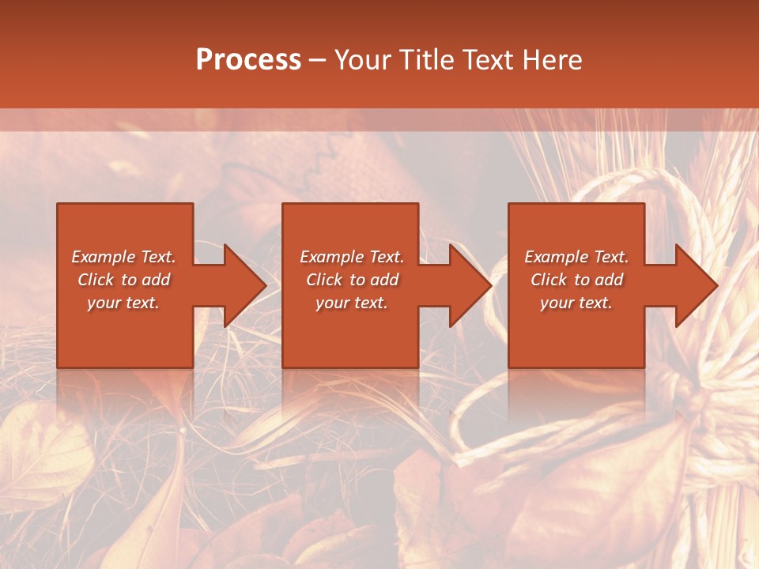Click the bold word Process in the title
coord(248,60)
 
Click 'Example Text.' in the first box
coord(124,256)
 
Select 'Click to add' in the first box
coord(124,280)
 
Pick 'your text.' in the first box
coord(124,303)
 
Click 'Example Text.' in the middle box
coord(352,256)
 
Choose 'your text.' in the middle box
coord(352,303)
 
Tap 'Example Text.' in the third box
coord(576,256)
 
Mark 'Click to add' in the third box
coord(576,280)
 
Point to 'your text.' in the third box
coord(576,303)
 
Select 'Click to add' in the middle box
coord(352,280)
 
